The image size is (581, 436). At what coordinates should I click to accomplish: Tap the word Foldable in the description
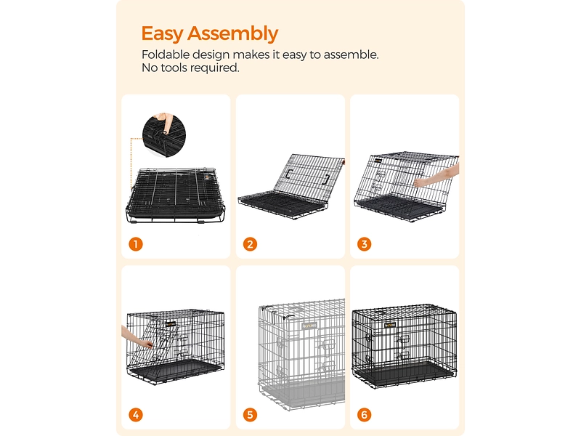(x=166, y=54)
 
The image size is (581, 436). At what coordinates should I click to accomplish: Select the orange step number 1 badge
(x=135, y=244)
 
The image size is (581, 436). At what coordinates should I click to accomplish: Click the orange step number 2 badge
(x=250, y=244)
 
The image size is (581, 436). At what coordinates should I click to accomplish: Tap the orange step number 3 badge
(x=364, y=244)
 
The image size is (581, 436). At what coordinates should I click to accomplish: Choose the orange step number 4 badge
(x=135, y=416)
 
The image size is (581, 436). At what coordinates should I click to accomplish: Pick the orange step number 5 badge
(x=250, y=416)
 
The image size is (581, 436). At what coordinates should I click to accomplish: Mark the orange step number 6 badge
(x=364, y=416)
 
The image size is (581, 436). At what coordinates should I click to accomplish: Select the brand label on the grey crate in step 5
(x=310, y=326)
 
